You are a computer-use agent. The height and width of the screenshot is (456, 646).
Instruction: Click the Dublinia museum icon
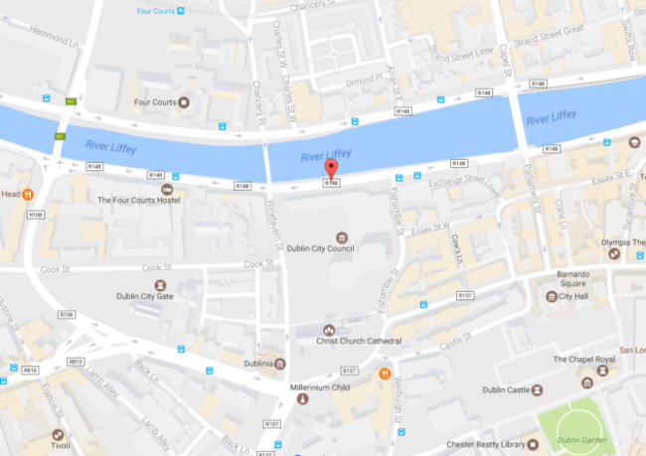click(279, 363)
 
